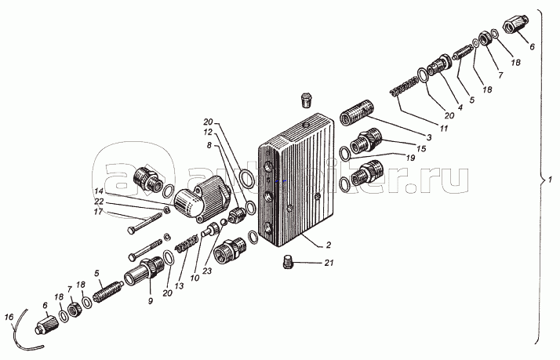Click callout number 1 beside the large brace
tap(551, 181)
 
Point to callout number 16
tap(9, 317)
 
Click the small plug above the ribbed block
tap(307, 100)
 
